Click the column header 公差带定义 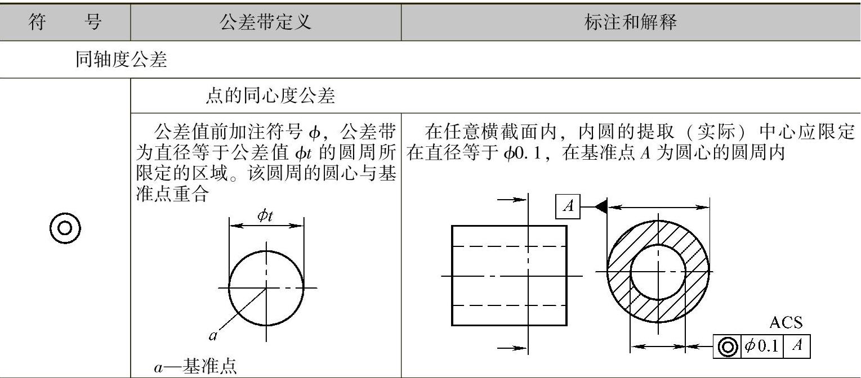click(x=265, y=22)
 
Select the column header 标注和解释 click(x=630, y=22)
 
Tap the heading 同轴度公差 click(x=122, y=60)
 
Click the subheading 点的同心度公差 click(x=270, y=97)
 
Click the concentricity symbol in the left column click(x=65, y=228)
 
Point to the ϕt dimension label click(x=265, y=217)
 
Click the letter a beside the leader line click(x=213, y=336)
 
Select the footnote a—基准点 click(x=195, y=367)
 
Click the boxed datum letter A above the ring click(x=568, y=207)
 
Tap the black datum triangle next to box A click(x=600, y=207)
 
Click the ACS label click(x=786, y=323)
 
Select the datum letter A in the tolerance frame click(x=797, y=346)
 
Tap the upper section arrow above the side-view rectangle click(x=513, y=199)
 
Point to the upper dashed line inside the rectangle click(x=509, y=246)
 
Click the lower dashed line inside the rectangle click(x=509, y=305)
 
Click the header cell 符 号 click(x=65, y=22)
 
